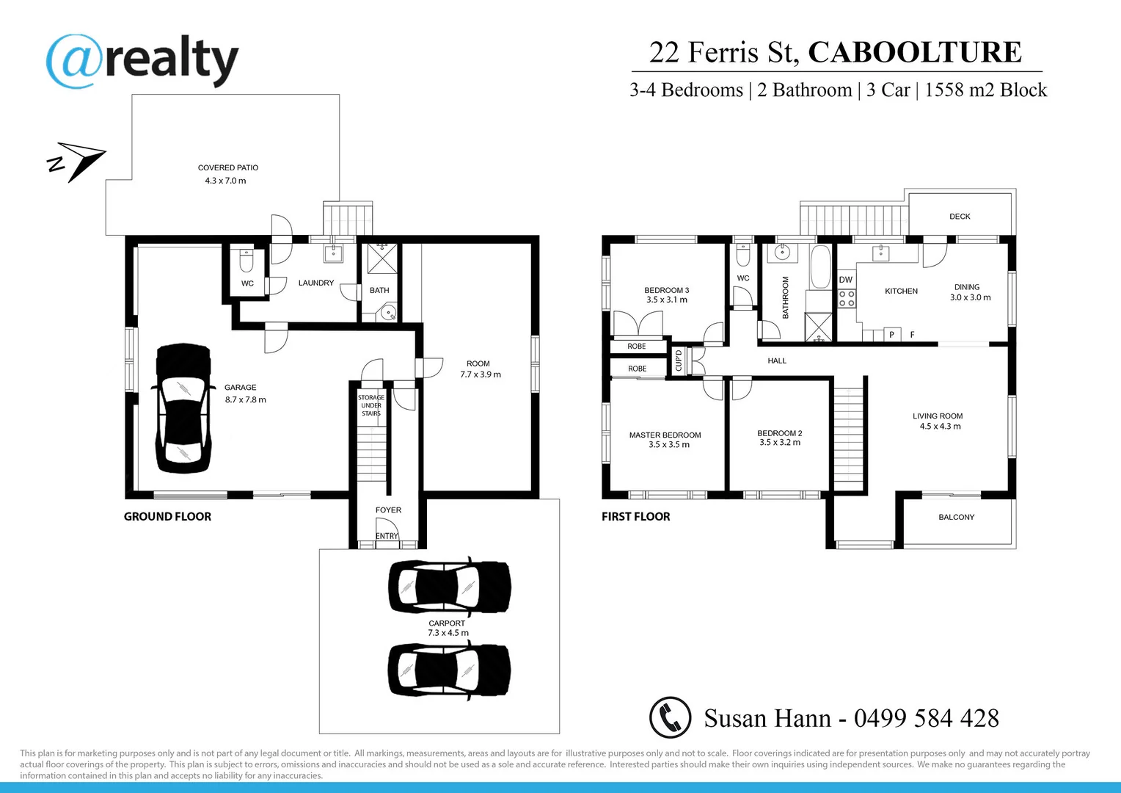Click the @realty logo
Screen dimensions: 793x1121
142,61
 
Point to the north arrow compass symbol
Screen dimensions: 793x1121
77,161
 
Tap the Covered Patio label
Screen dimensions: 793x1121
227,168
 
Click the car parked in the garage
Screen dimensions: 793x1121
183,409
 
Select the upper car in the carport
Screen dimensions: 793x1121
449,586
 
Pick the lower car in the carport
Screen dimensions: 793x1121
448,670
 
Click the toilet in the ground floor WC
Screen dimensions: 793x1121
247,261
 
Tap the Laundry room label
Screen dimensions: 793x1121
315,283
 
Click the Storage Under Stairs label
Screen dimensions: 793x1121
371,405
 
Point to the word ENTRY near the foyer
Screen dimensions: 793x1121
387,536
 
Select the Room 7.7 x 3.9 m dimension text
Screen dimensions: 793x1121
481,374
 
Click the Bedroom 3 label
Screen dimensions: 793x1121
666,290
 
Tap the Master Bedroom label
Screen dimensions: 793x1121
665,435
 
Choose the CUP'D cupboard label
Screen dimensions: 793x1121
679,361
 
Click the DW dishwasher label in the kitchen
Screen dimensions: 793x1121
846,280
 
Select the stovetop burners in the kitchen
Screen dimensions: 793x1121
847,298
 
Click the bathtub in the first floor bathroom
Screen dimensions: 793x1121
819,267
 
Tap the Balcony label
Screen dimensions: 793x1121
956,517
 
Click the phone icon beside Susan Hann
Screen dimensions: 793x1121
670,717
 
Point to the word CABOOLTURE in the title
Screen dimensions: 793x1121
914,52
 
